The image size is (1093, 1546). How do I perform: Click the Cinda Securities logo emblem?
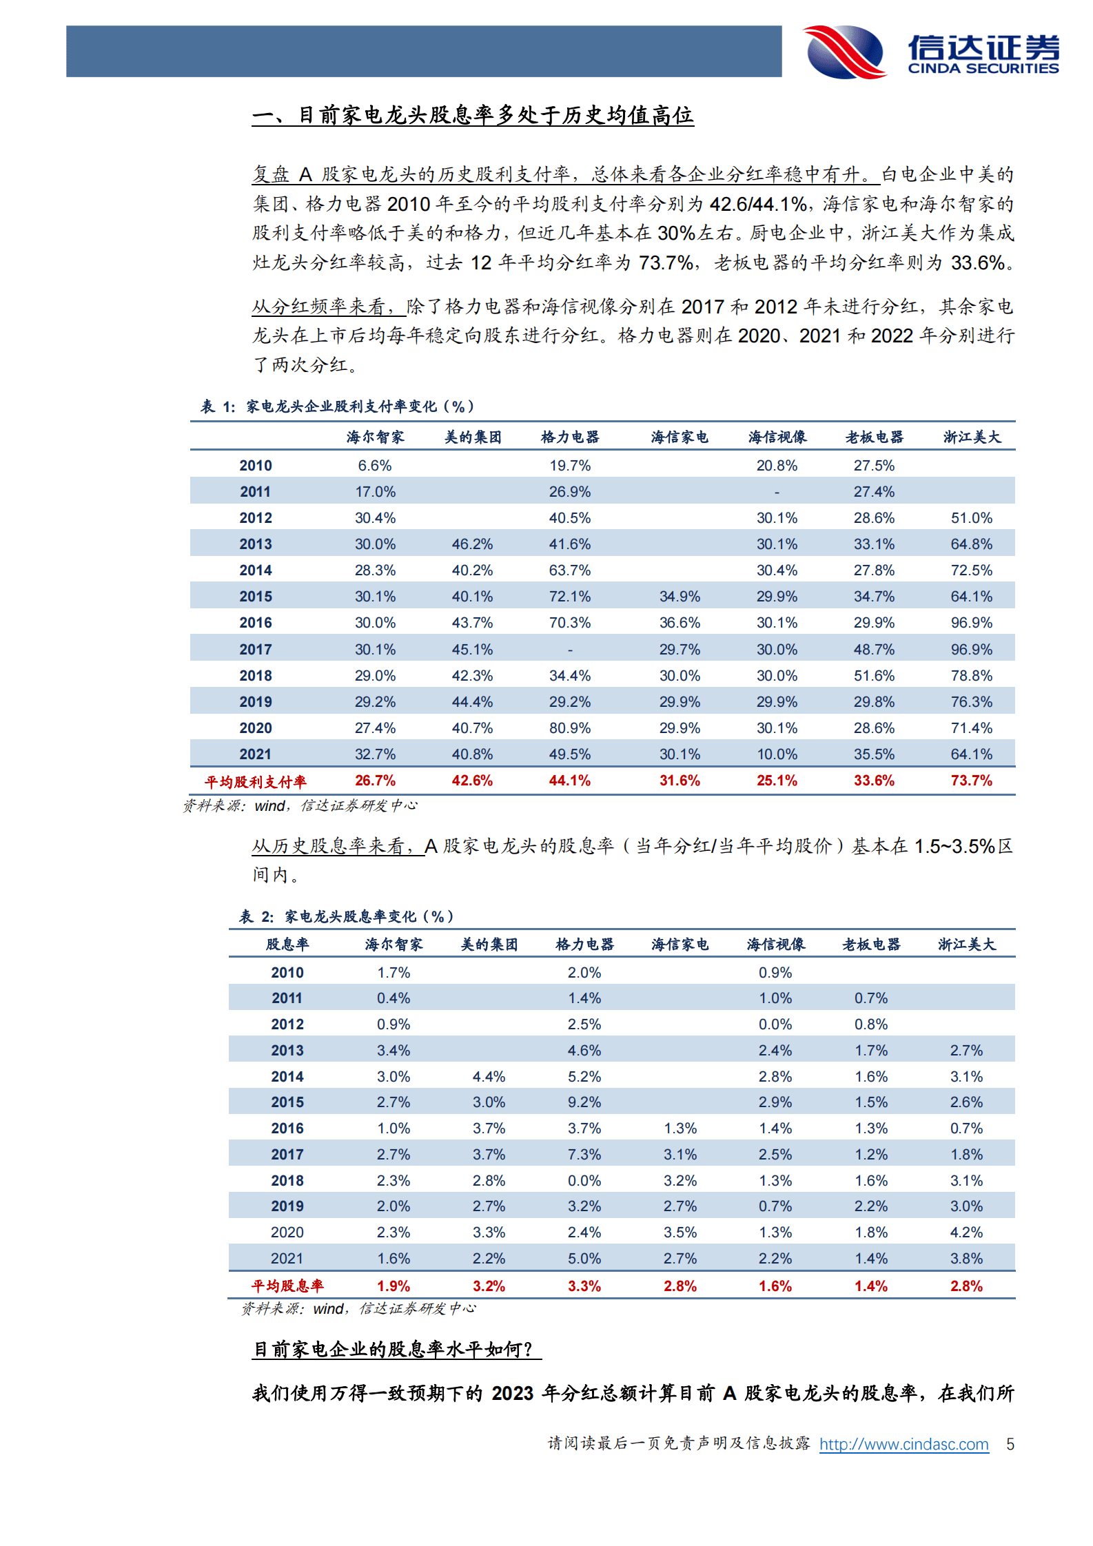tap(845, 52)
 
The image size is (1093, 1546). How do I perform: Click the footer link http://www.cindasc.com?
tap(903, 1444)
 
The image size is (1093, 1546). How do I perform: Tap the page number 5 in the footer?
tap(1010, 1444)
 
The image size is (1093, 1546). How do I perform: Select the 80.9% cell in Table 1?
tap(569, 728)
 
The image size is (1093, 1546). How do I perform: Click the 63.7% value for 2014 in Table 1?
tap(569, 570)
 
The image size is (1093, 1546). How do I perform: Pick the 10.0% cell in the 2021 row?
tap(777, 754)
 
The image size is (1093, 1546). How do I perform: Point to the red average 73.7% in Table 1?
tap(971, 781)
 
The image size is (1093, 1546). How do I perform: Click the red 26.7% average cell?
tap(375, 781)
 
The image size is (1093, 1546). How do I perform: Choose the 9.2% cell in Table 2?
tap(584, 1102)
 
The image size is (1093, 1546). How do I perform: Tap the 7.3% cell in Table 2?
tap(584, 1155)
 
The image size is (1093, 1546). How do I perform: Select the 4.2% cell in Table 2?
tap(966, 1232)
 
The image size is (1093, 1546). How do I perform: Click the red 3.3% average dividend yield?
tap(584, 1286)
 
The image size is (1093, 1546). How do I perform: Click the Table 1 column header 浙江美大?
tap(972, 437)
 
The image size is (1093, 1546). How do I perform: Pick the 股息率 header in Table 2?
tap(287, 945)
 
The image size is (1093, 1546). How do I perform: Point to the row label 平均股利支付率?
tap(255, 781)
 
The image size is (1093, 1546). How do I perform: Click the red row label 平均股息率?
tap(287, 1286)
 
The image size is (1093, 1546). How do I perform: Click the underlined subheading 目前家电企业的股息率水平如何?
tap(396, 1349)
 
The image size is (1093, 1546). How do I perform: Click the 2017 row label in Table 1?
tap(256, 650)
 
